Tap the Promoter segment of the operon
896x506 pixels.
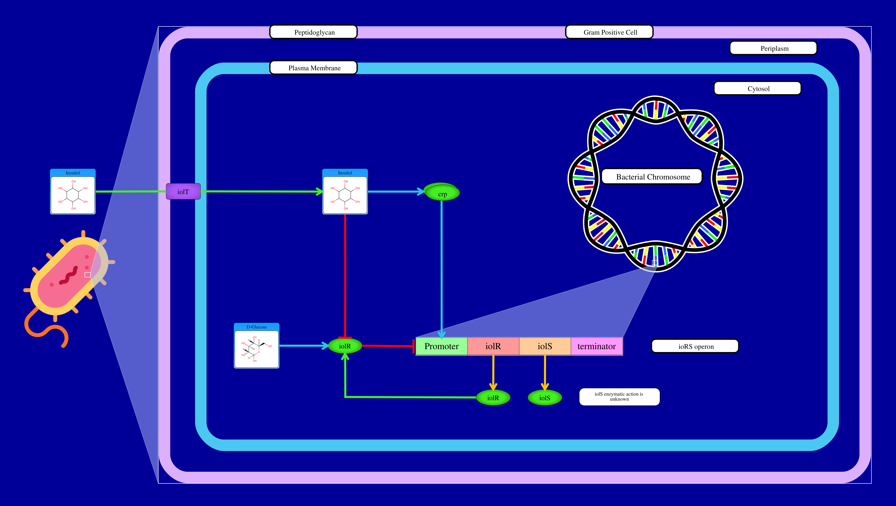(x=441, y=346)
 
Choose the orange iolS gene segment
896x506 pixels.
(x=545, y=346)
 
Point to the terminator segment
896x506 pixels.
(x=597, y=346)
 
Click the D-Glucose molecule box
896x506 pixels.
(x=256, y=346)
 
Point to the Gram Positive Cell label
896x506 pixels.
(x=610, y=32)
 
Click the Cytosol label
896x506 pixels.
(x=758, y=88)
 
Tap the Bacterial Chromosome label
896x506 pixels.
(x=652, y=177)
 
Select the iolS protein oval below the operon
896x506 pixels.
(x=545, y=398)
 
